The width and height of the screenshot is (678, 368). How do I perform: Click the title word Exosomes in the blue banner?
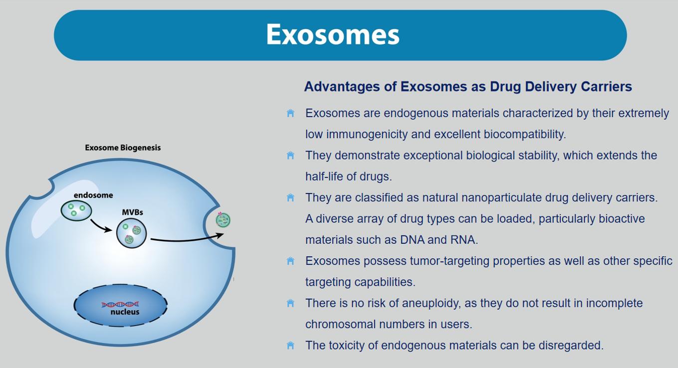pos(333,34)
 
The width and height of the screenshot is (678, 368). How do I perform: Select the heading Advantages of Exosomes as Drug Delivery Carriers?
pos(468,87)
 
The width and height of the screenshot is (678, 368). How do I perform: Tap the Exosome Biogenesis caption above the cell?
pos(123,148)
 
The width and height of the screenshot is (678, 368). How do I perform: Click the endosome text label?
pos(93,195)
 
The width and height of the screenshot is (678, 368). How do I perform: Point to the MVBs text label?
pos(133,212)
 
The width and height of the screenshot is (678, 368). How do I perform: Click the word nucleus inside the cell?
pos(125,312)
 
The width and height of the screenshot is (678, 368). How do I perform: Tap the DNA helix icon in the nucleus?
pos(120,304)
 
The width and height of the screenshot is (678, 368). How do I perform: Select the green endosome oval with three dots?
pos(76,210)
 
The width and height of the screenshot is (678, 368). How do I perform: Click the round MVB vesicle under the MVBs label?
pos(131,233)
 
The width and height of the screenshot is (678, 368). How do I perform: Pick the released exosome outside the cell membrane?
pos(223,220)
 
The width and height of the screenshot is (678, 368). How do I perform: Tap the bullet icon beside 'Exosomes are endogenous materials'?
pos(290,113)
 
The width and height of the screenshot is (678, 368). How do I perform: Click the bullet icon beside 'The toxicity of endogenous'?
pos(290,345)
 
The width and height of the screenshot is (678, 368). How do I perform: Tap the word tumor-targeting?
pos(426,261)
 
